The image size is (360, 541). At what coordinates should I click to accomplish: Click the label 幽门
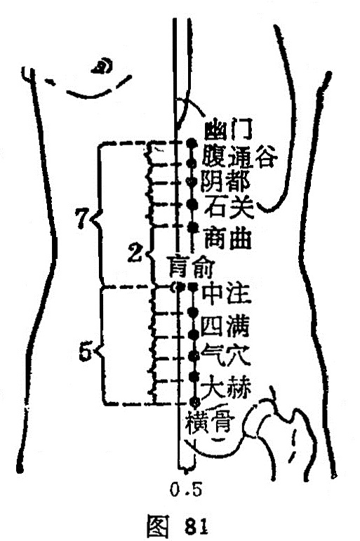click(228, 128)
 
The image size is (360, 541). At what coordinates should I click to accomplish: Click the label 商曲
click(227, 238)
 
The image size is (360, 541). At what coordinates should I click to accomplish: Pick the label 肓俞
click(190, 267)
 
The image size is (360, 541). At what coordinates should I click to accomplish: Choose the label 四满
click(225, 326)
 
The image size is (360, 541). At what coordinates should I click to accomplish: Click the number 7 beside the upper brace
click(82, 218)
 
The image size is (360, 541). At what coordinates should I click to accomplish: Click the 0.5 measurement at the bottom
click(185, 489)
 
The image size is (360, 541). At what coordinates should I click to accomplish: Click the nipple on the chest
click(102, 66)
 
